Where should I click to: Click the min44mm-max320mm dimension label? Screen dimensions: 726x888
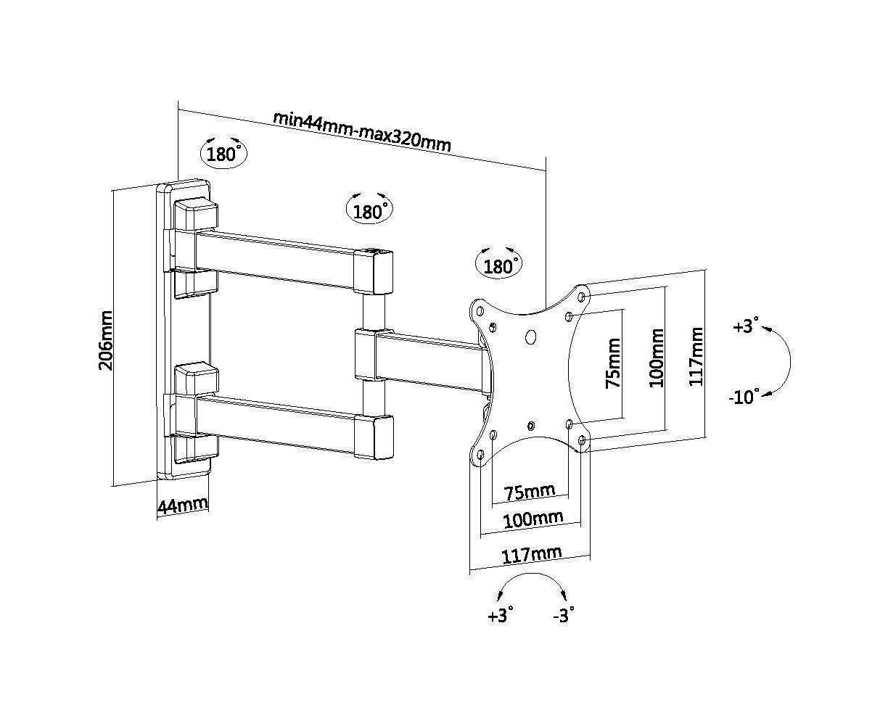click(361, 131)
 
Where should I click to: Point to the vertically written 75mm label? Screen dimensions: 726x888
click(613, 362)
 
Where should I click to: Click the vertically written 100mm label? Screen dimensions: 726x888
click(657, 358)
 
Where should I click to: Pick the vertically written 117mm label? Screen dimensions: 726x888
click(696, 356)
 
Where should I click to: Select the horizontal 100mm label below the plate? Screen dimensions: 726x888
click(533, 519)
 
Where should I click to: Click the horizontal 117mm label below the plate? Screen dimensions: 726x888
click(533, 556)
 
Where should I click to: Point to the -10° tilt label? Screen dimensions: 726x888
click(744, 397)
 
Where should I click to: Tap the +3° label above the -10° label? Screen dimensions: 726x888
click(745, 326)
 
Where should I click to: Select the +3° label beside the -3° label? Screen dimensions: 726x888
click(501, 616)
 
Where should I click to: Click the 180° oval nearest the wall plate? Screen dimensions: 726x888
click(223, 154)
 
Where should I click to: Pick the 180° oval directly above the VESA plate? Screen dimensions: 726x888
click(498, 266)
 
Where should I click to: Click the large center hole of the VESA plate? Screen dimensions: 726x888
click(530, 337)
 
